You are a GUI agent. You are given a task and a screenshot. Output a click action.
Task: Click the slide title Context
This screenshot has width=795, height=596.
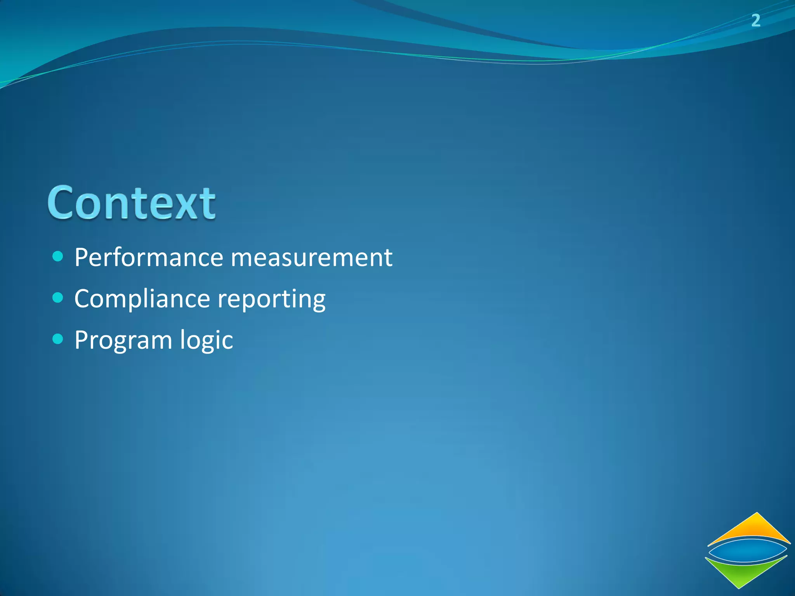click(x=131, y=203)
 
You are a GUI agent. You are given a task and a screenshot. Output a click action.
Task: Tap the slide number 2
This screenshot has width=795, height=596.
click(x=755, y=20)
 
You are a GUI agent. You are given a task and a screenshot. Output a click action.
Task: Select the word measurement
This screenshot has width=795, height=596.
click(x=311, y=258)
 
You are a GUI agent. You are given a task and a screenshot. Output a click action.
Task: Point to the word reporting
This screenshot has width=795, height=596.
click(x=271, y=300)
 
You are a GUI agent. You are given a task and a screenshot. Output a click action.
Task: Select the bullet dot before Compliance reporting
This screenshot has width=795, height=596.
click(x=57, y=298)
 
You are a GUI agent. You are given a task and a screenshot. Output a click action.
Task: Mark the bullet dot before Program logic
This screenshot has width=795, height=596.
click(x=57, y=339)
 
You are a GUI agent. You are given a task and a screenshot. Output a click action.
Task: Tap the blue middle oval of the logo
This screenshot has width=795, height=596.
click(x=747, y=551)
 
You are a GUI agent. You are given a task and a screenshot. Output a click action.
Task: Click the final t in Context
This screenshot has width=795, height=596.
click(x=208, y=204)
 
